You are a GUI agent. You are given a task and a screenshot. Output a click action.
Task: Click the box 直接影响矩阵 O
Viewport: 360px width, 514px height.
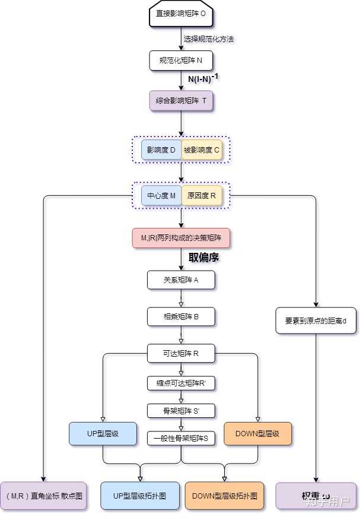(x=180, y=14)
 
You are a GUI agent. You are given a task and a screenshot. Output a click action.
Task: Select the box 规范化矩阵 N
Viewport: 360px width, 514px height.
(x=180, y=60)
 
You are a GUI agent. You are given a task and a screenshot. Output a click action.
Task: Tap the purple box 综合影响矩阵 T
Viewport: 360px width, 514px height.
(x=180, y=100)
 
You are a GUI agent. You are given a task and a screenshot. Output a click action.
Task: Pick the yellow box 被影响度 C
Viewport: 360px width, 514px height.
(x=201, y=150)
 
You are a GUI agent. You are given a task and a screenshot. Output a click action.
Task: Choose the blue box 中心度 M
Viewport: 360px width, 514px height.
(x=161, y=195)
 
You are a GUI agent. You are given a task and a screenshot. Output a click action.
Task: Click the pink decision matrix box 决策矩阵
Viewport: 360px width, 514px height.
(x=180, y=237)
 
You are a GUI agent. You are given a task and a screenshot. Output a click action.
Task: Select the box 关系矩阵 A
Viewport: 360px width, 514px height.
(x=180, y=280)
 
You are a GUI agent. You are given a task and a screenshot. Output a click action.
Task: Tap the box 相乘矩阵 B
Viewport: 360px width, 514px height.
(x=180, y=316)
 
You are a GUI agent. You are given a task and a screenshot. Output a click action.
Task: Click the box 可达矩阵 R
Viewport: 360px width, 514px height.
(x=180, y=354)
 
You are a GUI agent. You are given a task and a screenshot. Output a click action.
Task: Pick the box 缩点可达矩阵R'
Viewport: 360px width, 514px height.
(x=180, y=383)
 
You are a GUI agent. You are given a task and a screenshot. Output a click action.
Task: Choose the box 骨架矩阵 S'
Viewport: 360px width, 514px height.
(x=180, y=410)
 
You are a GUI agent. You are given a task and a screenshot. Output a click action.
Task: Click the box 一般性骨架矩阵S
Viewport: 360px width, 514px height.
(x=180, y=438)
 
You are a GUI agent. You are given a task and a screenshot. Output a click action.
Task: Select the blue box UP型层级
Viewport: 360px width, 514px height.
(x=103, y=433)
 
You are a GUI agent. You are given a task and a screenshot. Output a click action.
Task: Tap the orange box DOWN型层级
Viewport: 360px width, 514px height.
(x=257, y=433)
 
